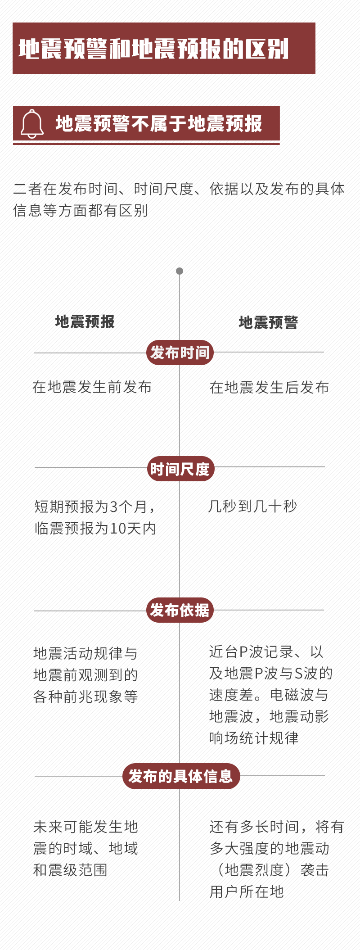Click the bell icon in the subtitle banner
click(x=32, y=124)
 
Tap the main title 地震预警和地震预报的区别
click(x=153, y=49)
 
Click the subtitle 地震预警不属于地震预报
click(x=158, y=124)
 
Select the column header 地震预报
click(x=85, y=321)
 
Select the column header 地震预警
click(x=268, y=322)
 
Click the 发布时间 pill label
click(x=180, y=353)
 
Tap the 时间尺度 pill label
click(x=180, y=469)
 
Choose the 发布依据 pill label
click(x=180, y=610)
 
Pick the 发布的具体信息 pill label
click(x=181, y=776)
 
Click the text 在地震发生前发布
click(x=92, y=387)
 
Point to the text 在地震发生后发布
click(x=269, y=387)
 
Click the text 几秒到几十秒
click(x=253, y=507)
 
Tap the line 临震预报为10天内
click(x=95, y=528)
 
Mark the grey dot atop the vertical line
click(x=180, y=271)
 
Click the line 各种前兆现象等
click(x=85, y=697)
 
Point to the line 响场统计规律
click(x=254, y=738)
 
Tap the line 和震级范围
click(x=70, y=870)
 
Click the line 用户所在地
click(x=247, y=891)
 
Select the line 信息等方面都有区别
click(x=81, y=210)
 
